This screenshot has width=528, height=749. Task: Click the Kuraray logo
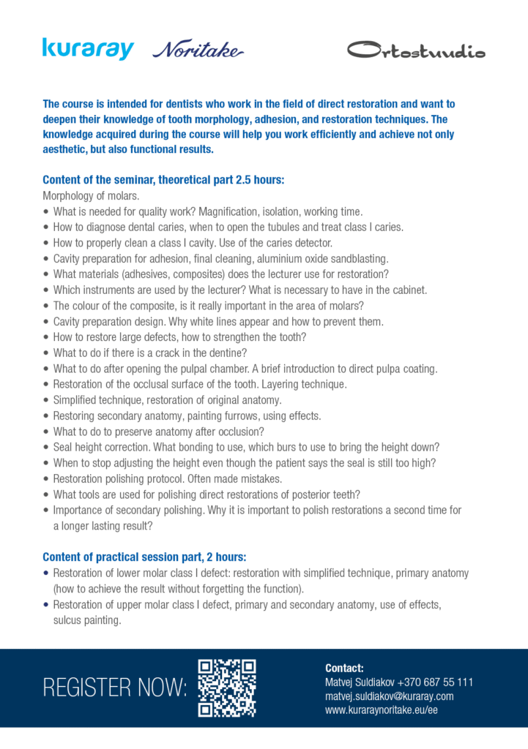coord(88,49)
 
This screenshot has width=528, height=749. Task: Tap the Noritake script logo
coord(198,50)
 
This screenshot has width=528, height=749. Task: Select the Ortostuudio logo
coord(415,50)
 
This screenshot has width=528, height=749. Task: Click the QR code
coord(227,688)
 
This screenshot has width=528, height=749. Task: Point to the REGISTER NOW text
coord(115,688)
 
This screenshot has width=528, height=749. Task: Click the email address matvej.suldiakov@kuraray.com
coord(389,696)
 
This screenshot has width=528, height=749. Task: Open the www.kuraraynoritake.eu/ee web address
coord(381,710)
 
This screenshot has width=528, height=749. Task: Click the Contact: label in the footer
coord(344,668)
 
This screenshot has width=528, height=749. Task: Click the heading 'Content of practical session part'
coord(145,557)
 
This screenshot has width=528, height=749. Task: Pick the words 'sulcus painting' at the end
coord(86,620)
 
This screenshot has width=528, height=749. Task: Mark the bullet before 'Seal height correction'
coord(46,447)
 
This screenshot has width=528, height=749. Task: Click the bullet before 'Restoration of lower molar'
coord(46,573)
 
